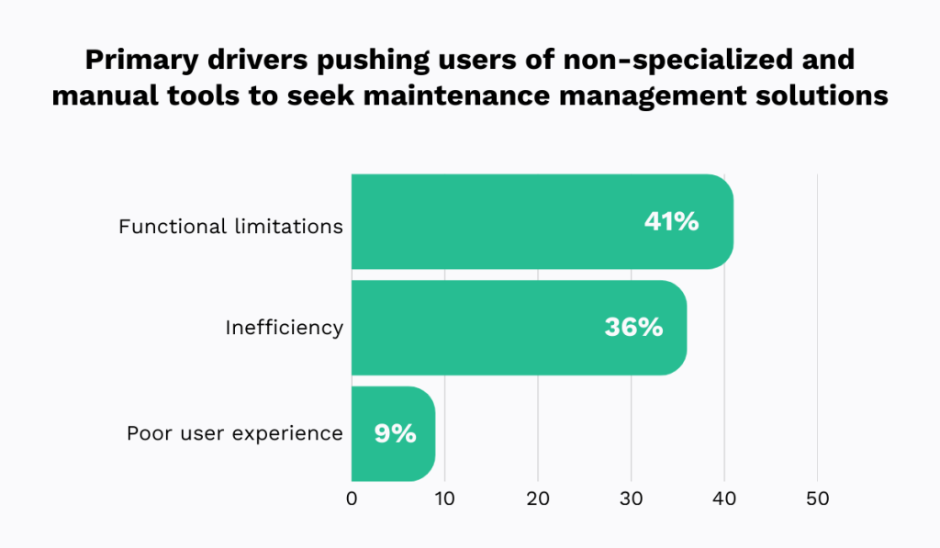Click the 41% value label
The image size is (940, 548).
point(671,221)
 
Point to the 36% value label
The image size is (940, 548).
point(632,328)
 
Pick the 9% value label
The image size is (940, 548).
point(395,434)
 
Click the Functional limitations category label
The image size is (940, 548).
point(230,226)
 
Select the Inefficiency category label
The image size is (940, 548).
point(284,328)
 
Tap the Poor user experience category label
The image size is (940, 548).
point(235,433)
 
